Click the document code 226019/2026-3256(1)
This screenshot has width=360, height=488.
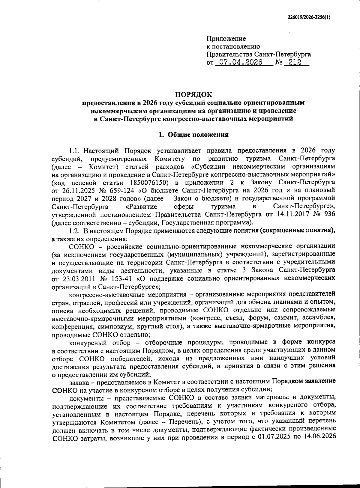point(307,17)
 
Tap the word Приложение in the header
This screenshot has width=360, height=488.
point(226,39)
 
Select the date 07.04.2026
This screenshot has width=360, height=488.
point(241,62)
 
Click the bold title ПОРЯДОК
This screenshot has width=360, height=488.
point(193,95)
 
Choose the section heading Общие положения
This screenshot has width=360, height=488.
point(198,135)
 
